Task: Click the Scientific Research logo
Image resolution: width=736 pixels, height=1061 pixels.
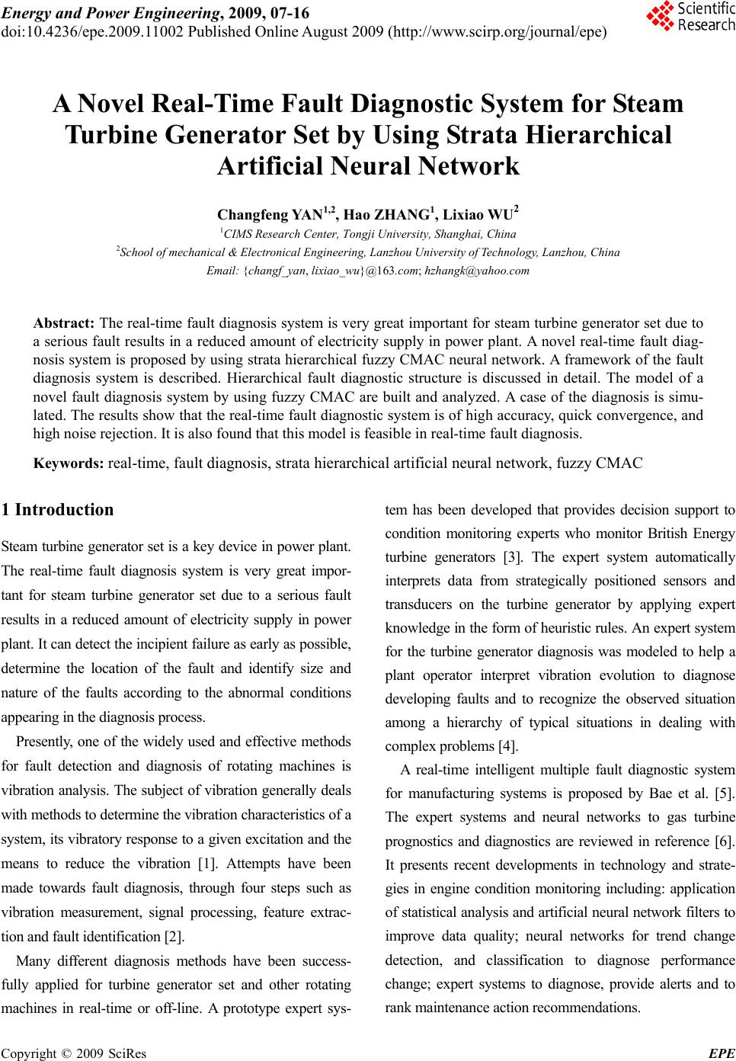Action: coord(690,16)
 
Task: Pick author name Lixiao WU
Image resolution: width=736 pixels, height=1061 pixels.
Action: coord(479,213)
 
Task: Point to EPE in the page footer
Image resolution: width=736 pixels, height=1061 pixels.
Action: coord(721,1053)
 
